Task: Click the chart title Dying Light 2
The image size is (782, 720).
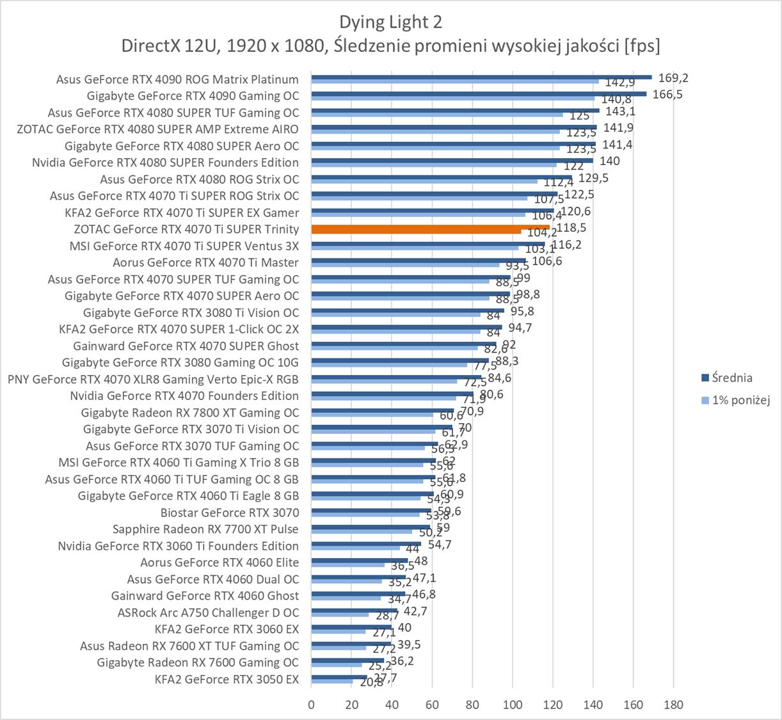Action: coord(390,22)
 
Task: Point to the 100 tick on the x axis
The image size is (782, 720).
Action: coord(513,705)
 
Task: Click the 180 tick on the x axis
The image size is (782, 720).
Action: coord(674,705)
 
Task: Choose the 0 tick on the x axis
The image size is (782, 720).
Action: coord(312,705)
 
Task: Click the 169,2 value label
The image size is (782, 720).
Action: coord(673,78)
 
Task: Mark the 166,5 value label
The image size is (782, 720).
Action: coord(668,94)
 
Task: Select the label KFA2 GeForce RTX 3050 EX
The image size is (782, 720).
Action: coord(227,679)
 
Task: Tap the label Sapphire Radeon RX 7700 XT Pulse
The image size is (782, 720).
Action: coord(205,529)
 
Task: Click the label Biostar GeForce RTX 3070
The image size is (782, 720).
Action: coord(230,513)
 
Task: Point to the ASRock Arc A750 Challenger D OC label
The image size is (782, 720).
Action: coord(208,612)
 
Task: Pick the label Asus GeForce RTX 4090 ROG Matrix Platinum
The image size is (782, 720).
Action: coord(177,79)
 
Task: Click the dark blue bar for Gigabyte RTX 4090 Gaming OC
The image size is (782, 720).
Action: coord(479,93)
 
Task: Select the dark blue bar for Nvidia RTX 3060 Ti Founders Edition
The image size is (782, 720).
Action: coord(366,544)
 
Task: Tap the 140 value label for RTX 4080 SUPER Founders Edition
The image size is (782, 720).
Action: coord(610,161)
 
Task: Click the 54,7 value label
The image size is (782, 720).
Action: coord(440,545)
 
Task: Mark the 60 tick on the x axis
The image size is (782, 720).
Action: coord(432,705)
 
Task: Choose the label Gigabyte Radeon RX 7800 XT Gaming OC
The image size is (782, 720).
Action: coord(190,413)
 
